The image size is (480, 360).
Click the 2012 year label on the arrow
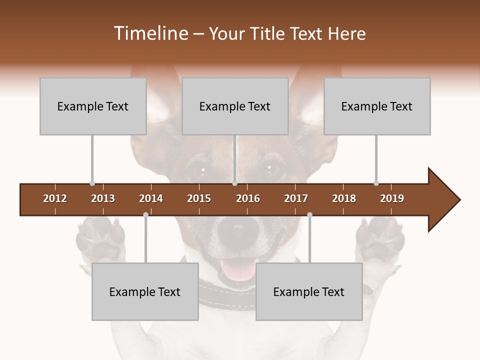(x=55, y=198)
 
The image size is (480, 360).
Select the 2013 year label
(x=103, y=198)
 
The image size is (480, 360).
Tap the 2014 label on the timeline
(x=151, y=198)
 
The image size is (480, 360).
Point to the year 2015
(x=199, y=198)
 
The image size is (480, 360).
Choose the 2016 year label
(x=248, y=198)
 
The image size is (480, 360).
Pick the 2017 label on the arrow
(x=296, y=198)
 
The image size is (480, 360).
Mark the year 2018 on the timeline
(x=344, y=198)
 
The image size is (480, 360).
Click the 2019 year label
(x=392, y=198)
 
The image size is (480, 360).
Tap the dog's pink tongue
(x=239, y=270)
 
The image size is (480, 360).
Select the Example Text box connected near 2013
(x=93, y=106)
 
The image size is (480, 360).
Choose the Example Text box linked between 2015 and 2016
(x=235, y=106)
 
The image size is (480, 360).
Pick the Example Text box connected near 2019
(x=377, y=106)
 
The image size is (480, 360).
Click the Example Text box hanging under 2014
(x=145, y=291)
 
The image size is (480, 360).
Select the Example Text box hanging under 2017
(x=309, y=291)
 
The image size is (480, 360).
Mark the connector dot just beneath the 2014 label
(x=145, y=214)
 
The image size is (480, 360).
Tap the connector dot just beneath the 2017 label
(x=309, y=214)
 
